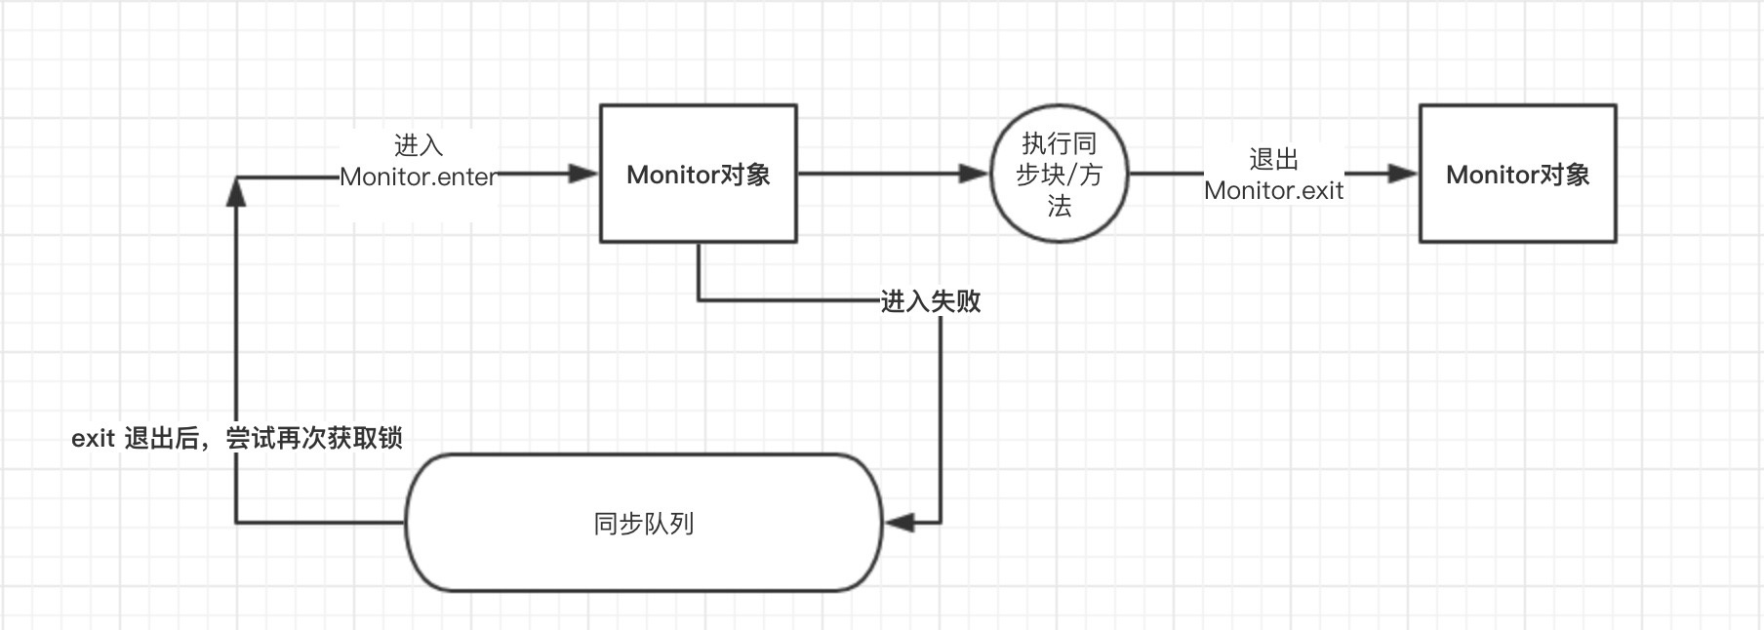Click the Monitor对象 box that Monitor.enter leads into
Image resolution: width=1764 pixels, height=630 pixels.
[x=698, y=174]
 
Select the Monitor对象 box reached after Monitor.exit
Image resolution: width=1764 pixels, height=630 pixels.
[x=1517, y=174]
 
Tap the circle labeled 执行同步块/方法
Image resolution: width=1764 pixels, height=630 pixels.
[x=1059, y=175]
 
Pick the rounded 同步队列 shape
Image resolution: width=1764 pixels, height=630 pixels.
[x=644, y=523]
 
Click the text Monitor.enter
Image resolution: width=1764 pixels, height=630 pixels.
[x=418, y=177]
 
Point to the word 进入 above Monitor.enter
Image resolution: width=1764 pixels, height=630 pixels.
[x=419, y=145]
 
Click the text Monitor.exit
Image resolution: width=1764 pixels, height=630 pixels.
[x=1273, y=190]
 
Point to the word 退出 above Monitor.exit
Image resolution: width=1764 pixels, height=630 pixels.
[x=1273, y=159]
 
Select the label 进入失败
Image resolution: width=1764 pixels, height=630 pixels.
[x=931, y=301]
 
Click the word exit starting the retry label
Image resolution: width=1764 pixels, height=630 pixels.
[x=93, y=439]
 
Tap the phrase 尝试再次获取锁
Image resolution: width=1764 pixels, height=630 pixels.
[x=314, y=439]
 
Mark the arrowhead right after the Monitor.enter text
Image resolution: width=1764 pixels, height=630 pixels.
[x=583, y=174]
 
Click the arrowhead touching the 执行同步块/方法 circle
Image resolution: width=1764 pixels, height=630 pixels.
[x=974, y=174]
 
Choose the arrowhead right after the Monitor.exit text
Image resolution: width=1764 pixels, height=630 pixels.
[x=1402, y=174]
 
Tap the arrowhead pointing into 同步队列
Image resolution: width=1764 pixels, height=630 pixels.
[x=900, y=523]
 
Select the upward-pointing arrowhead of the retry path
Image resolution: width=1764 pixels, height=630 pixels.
[x=236, y=191]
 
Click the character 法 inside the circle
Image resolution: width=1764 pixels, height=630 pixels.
[x=1059, y=207]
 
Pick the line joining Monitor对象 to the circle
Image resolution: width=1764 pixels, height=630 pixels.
[x=878, y=174]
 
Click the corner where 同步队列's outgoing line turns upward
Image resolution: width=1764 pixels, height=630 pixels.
[x=236, y=523]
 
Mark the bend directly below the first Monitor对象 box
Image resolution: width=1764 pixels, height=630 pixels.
[x=699, y=300]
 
